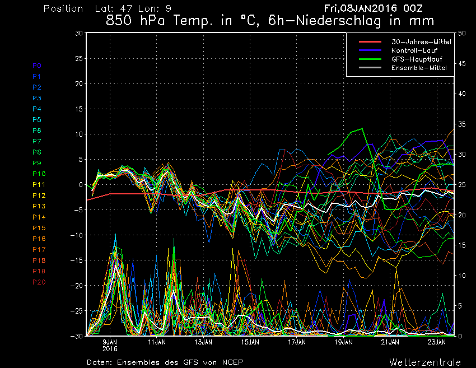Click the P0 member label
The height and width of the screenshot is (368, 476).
click(x=37, y=66)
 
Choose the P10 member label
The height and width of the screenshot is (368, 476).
click(x=39, y=174)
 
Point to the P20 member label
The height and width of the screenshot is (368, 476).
click(x=39, y=282)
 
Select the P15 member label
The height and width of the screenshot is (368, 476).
click(x=39, y=228)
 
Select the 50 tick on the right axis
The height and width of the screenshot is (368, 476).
click(x=462, y=33)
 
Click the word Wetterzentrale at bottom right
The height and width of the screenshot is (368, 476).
click(x=425, y=362)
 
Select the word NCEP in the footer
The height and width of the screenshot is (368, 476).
click(x=232, y=362)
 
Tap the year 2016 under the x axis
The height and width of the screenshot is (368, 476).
click(x=110, y=348)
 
